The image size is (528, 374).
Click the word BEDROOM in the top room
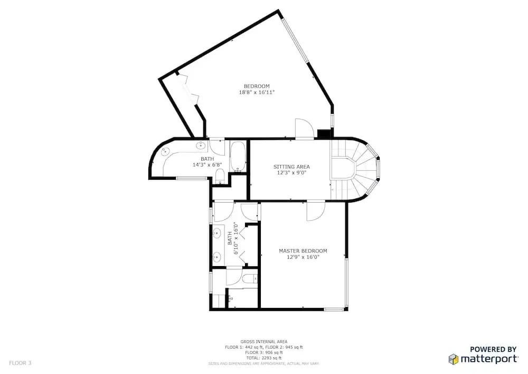coord(257,86)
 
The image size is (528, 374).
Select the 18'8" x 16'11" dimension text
coord(257,92)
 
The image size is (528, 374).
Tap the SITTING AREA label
coord(291,167)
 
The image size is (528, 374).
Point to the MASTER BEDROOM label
coord(303,251)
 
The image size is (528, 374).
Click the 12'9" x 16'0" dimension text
coord(303,257)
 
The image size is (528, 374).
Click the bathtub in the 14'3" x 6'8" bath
coord(239,157)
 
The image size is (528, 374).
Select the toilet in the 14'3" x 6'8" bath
coord(220,176)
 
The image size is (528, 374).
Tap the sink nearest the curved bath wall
coord(165,152)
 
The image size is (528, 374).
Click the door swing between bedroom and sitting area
coord(305,129)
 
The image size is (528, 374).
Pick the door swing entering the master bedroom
coord(316,211)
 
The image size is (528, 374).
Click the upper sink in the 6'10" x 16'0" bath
coord(217,233)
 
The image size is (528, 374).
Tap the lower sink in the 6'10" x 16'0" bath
coord(217,257)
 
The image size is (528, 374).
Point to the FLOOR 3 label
coord(20,363)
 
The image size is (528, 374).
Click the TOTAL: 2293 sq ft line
coord(263,358)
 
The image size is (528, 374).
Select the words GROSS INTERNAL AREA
coord(263,342)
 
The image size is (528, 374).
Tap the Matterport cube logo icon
coord(454,359)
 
